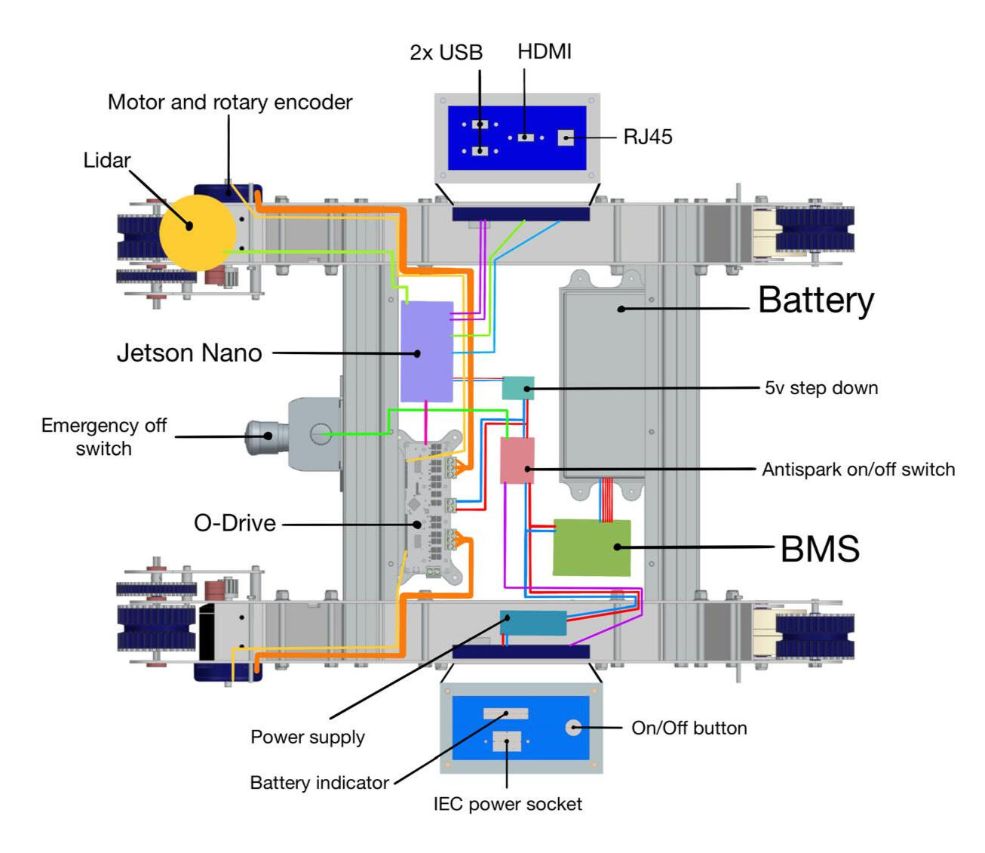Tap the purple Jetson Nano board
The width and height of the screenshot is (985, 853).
click(426, 352)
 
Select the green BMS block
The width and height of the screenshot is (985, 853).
click(592, 547)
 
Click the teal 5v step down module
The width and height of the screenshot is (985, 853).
click(518, 387)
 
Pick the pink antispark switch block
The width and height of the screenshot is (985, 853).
click(517, 460)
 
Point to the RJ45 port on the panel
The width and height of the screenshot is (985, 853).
click(566, 137)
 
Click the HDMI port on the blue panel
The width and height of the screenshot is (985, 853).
click(526, 137)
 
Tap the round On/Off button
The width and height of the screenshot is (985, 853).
click(573, 728)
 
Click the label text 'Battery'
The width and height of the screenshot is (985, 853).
click(815, 300)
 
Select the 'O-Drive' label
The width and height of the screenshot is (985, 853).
click(235, 523)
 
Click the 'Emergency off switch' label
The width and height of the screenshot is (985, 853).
click(104, 436)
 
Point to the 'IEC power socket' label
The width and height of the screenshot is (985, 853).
click(508, 804)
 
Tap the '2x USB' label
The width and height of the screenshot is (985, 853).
click(446, 52)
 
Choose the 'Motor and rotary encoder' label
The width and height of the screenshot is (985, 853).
click(230, 102)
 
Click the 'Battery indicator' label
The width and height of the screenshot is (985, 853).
click(319, 783)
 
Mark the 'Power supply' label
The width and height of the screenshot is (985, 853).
click(308, 737)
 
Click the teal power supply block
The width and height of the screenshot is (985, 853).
click(534, 623)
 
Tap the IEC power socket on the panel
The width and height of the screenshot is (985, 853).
click(507, 741)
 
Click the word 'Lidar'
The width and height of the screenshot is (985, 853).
click(106, 160)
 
